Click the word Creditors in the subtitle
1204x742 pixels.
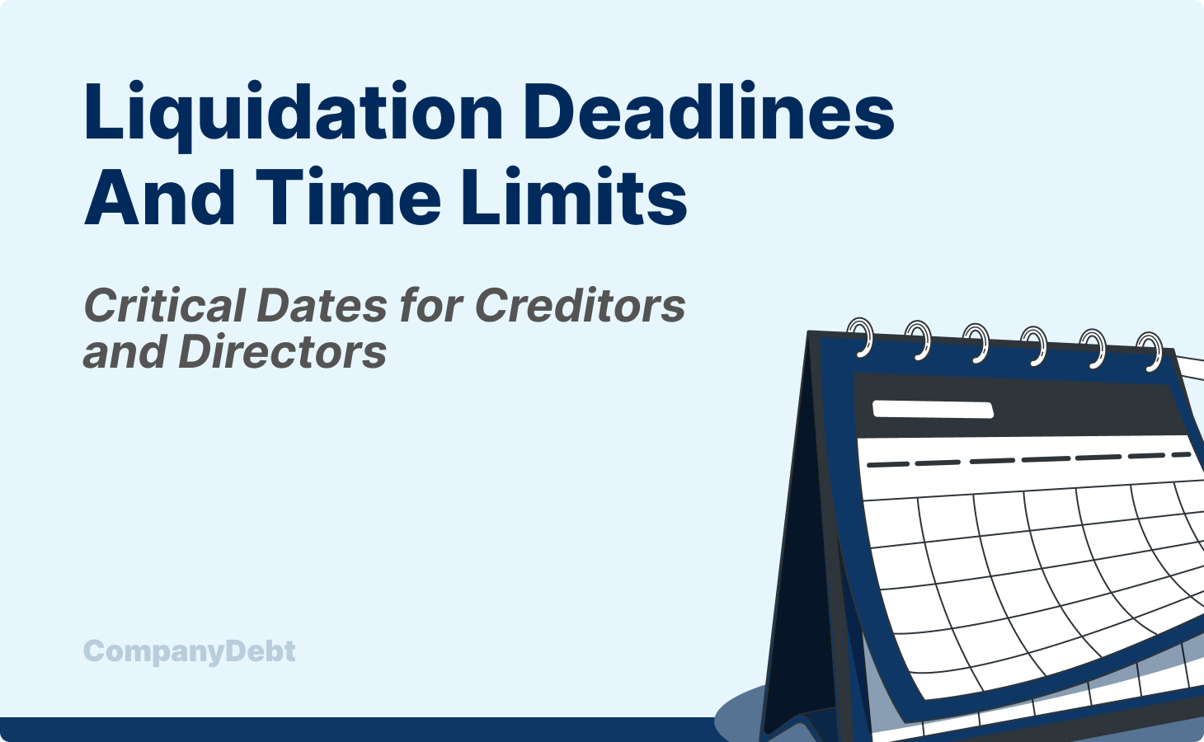(x=580, y=306)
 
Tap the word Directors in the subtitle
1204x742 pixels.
(x=282, y=352)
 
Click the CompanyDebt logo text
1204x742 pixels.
(x=190, y=651)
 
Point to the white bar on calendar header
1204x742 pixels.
(x=932, y=409)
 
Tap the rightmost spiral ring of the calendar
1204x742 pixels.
(x=1150, y=350)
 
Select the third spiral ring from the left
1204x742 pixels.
(x=976, y=341)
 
